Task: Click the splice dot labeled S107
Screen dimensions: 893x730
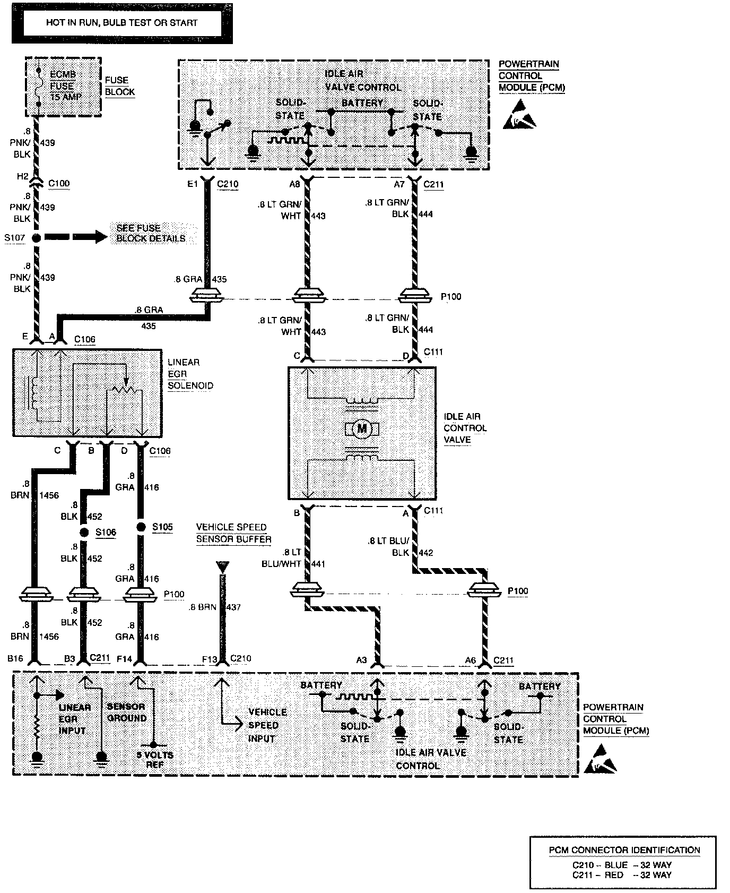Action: (x=36, y=238)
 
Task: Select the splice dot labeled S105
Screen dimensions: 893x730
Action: (x=141, y=527)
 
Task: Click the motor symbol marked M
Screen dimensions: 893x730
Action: (x=362, y=428)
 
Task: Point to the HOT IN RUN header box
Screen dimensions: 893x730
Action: (x=121, y=23)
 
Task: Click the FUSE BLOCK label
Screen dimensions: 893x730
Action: (x=119, y=86)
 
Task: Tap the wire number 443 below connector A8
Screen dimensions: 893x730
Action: (x=319, y=216)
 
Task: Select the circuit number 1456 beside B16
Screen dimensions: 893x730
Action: (x=49, y=637)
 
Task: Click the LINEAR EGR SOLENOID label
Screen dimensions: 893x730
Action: (x=190, y=374)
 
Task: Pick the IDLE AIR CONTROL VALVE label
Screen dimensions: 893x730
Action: (x=465, y=428)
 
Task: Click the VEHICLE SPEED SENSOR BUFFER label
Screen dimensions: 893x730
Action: (x=233, y=533)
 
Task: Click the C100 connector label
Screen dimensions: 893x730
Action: (x=59, y=184)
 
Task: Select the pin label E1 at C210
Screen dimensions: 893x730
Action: (x=192, y=184)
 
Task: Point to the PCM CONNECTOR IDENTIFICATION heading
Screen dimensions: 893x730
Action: (x=624, y=850)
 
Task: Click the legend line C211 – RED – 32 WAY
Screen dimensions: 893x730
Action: (x=622, y=875)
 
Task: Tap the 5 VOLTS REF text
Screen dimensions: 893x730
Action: (x=155, y=760)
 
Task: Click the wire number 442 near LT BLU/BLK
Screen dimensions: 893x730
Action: (x=426, y=553)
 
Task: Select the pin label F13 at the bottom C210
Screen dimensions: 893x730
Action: (x=210, y=659)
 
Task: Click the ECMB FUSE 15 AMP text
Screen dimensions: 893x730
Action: (x=62, y=86)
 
